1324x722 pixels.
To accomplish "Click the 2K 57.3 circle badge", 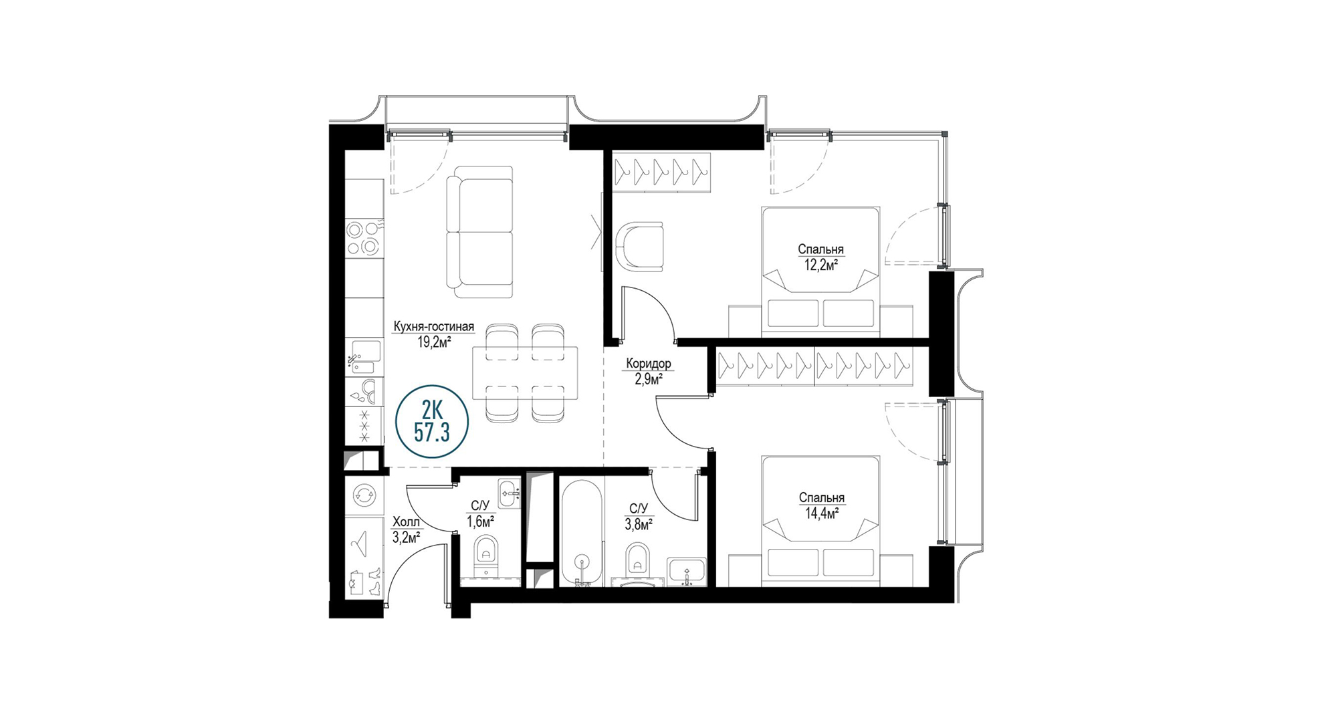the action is (x=432, y=422).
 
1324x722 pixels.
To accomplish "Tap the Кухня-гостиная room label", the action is (x=433, y=327).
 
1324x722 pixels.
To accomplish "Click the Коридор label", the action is (x=649, y=364).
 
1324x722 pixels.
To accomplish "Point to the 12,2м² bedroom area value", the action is (x=821, y=265).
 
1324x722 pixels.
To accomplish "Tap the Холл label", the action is (x=406, y=521).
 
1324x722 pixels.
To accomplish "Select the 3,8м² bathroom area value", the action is (x=639, y=524).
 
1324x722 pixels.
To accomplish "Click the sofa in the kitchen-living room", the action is (x=479, y=232).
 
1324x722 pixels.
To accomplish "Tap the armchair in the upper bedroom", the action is (x=640, y=247).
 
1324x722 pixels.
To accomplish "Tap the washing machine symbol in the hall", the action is (x=364, y=495).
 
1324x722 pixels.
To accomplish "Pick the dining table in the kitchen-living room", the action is (x=525, y=373).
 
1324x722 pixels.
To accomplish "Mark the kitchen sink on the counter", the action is (x=364, y=356).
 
